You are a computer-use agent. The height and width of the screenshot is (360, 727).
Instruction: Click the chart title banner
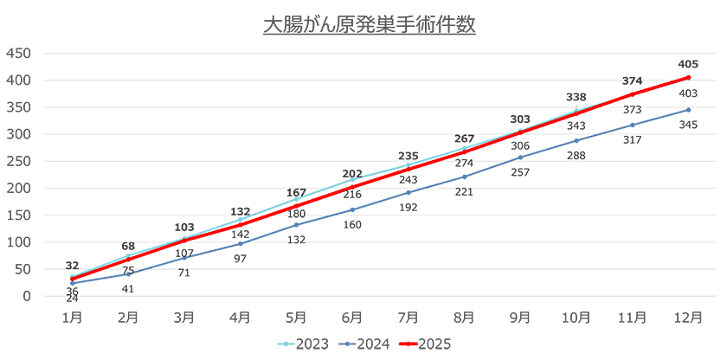coord(370,25)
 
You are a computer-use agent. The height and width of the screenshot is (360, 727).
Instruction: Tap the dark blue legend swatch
coord(343,344)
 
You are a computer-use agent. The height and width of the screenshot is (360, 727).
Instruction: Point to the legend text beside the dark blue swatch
coord(372,344)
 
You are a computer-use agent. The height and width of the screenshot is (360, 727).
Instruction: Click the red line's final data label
coord(688,63)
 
